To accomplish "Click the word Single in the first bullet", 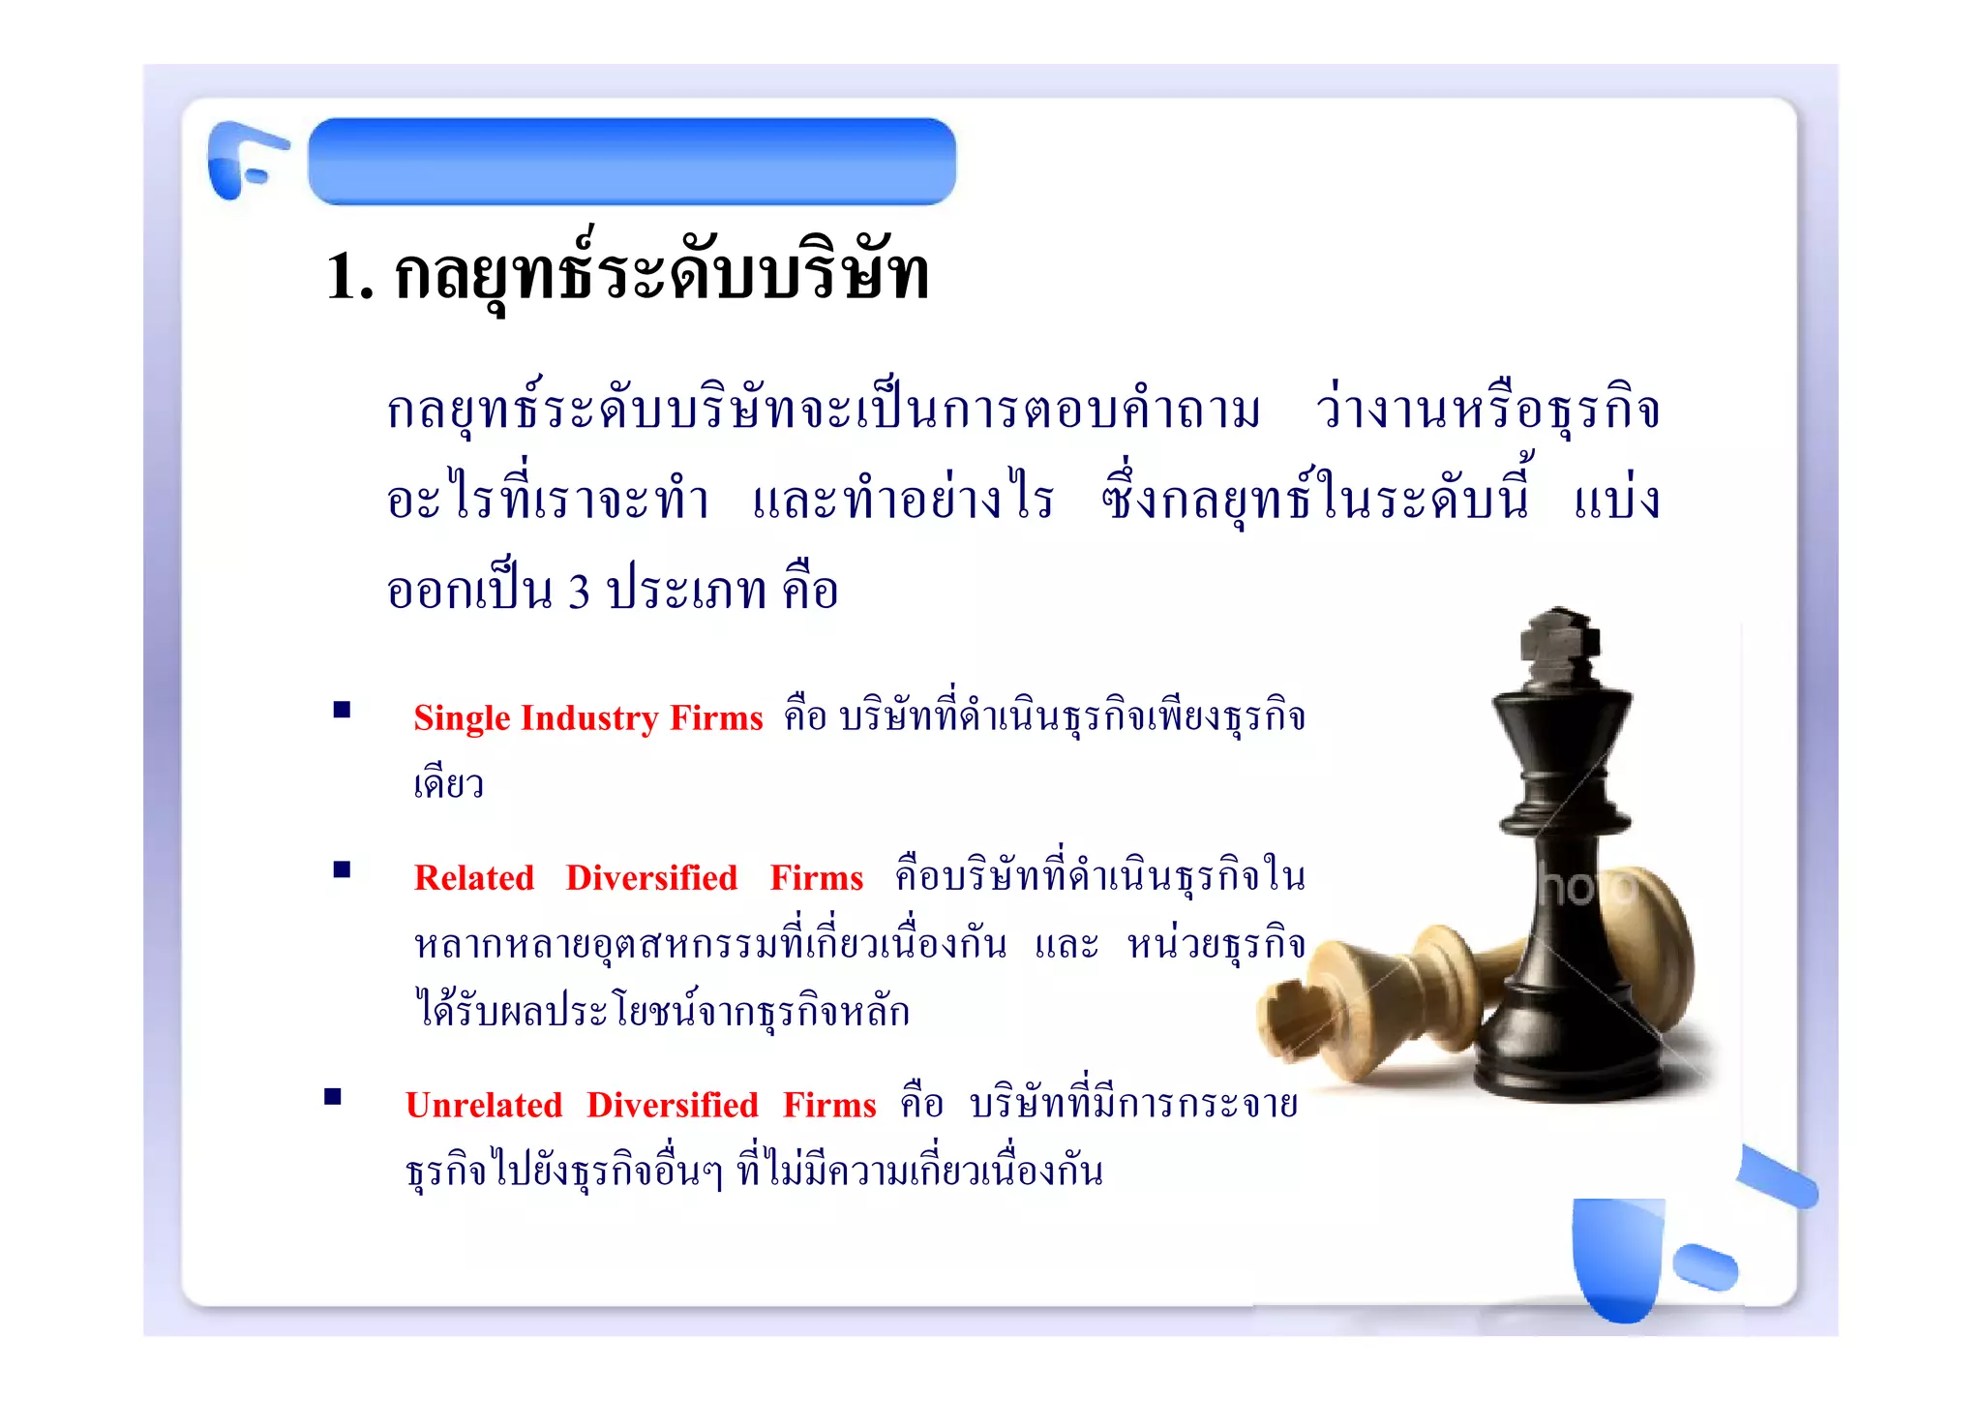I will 462,719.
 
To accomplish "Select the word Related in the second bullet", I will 473,877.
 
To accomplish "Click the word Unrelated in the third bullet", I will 483,1105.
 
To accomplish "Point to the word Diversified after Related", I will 651,877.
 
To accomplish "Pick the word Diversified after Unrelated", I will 672,1105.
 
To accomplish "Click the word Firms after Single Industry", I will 716,717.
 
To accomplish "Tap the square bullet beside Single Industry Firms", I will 342,710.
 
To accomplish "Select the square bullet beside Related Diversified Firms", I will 342,869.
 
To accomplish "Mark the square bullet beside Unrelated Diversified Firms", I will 333,1096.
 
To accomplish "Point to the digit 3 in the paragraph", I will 579,591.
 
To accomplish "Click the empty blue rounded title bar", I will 632,162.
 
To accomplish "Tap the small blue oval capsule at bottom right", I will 1705,1266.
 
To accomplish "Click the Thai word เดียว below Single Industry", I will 448,782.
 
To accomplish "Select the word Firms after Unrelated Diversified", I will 829,1105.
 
